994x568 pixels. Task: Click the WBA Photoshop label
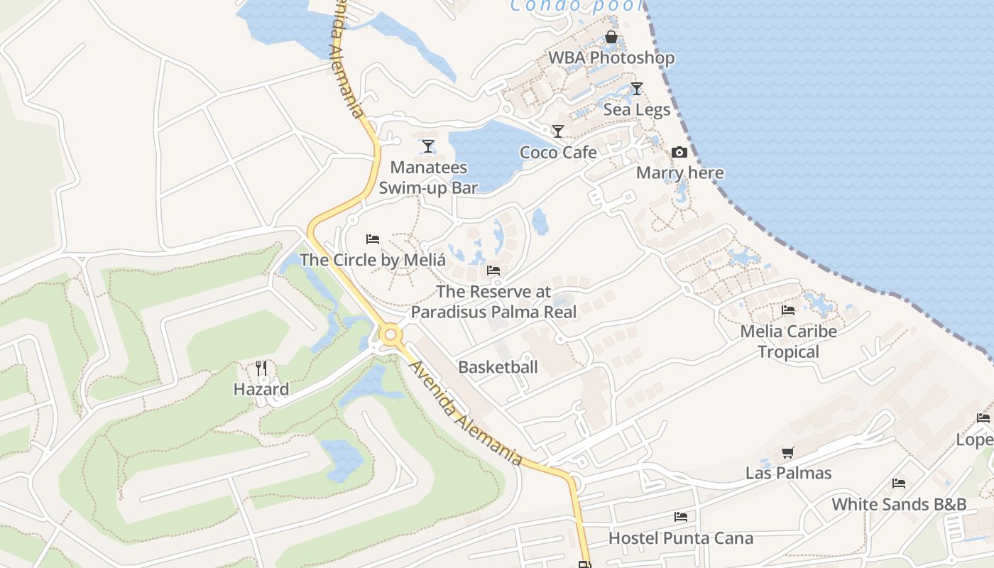pos(611,58)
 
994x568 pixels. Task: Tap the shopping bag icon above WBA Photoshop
pos(611,37)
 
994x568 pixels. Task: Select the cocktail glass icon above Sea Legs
pos(637,89)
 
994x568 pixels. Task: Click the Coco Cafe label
pos(558,153)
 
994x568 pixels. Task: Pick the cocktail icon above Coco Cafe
pos(558,131)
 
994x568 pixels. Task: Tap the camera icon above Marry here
pos(679,153)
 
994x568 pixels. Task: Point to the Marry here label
pos(679,173)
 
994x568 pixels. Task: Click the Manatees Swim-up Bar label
pos(428,177)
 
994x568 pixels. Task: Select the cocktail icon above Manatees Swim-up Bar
pos(427,146)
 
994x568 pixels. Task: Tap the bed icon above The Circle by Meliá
pos(373,239)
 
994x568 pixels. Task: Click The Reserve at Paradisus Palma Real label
pos(493,302)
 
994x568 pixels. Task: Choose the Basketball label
pos(498,367)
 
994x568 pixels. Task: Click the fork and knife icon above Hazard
pos(261,368)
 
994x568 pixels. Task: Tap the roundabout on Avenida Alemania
pos(390,334)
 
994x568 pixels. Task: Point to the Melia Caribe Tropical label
pos(788,342)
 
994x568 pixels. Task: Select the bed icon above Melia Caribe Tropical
pos(788,310)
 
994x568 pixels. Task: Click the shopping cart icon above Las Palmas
pos(787,452)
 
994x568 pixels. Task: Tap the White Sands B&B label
pos(899,505)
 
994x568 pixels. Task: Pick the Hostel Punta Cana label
pos(681,538)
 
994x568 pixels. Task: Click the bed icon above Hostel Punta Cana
pos(681,517)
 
